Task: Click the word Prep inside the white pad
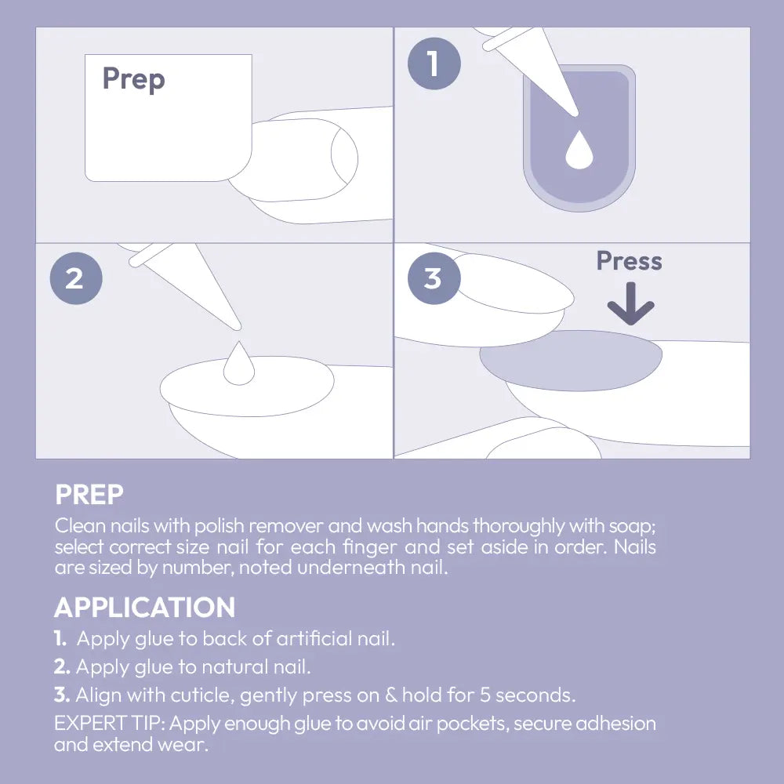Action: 133,79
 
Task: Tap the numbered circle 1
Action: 434,64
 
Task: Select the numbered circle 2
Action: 76,278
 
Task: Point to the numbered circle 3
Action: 434,278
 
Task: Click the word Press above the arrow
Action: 629,261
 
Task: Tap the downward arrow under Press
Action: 630,303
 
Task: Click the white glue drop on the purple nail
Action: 579,150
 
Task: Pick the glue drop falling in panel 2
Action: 239,363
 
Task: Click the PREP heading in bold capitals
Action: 89,495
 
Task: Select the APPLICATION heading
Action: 144,607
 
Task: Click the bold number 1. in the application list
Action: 60,638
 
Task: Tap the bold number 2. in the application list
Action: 62,666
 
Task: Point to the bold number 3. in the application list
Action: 62,695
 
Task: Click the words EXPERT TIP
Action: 110,723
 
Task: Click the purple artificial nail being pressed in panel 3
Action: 571,361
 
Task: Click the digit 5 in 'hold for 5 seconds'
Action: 485,695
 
